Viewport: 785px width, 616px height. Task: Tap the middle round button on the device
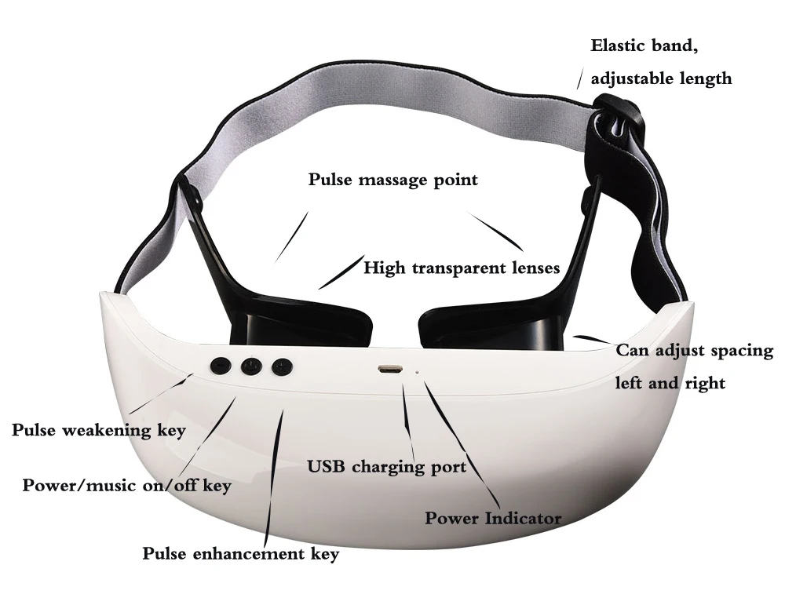point(251,366)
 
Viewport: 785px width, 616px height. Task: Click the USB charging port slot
point(389,368)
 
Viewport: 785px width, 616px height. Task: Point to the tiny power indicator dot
point(416,372)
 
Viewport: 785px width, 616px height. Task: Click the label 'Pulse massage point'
point(392,180)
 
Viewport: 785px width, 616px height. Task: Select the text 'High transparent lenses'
point(462,268)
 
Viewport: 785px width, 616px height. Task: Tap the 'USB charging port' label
point(387,467)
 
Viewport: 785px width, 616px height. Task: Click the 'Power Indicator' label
point(493,518)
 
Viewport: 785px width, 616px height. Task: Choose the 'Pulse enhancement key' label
point(240,554)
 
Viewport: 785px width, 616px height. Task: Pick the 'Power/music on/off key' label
point(126,486)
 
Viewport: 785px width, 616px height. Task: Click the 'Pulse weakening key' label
point(98,430)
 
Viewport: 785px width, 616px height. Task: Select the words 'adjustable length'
point(661,78)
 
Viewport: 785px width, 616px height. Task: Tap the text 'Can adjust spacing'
point(694,351)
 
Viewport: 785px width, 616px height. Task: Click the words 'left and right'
point(670,384)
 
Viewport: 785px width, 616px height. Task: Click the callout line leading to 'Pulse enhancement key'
point(274,479)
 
